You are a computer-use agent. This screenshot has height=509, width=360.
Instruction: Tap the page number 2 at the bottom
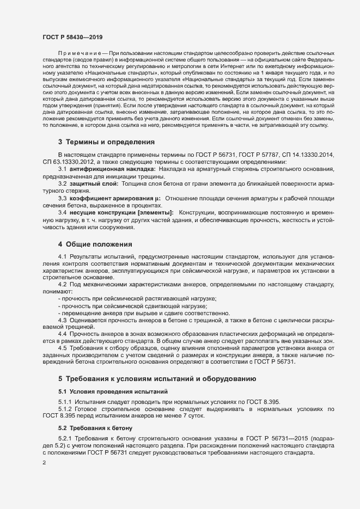point(44,463)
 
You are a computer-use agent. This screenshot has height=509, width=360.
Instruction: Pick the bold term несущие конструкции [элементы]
point(123,212)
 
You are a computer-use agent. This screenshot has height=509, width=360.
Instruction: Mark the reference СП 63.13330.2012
point(67,162)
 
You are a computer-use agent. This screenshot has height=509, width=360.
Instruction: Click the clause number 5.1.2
point(66,408)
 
